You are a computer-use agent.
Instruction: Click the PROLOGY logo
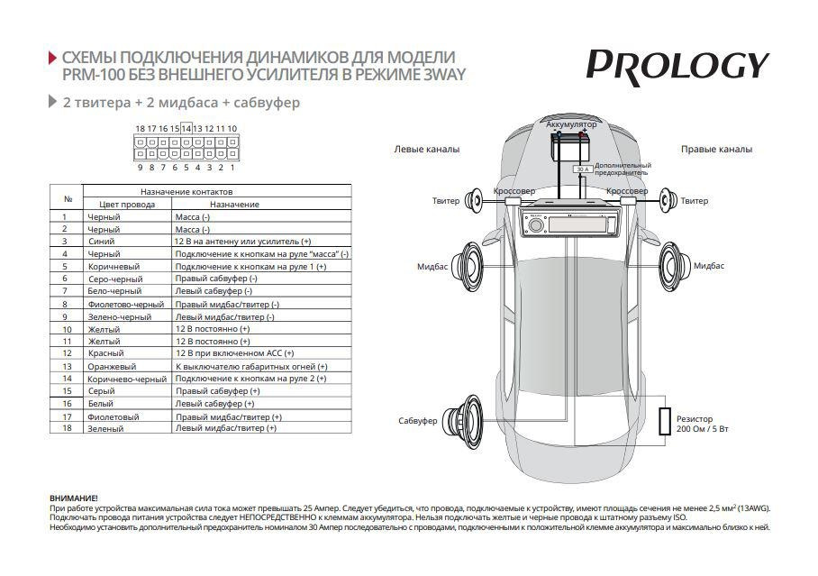[677, 66]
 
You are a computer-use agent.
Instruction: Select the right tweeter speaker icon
[667, 200]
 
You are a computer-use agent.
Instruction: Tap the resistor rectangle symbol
[665, 422]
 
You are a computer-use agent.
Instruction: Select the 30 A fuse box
[581, 169]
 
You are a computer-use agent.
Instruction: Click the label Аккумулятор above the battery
[571, 123]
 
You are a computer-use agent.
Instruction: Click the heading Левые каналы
[427, 149]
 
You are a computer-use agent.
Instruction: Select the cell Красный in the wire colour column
[105, 354]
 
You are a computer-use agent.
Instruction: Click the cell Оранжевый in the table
[112, 367]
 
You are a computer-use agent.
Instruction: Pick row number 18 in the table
[66, 428]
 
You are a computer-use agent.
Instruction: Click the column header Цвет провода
[126, 205]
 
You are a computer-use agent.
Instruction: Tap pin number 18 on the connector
[140, 129]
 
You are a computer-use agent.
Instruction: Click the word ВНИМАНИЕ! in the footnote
[74, 498]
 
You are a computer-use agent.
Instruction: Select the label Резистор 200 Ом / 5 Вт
[703, 424]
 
